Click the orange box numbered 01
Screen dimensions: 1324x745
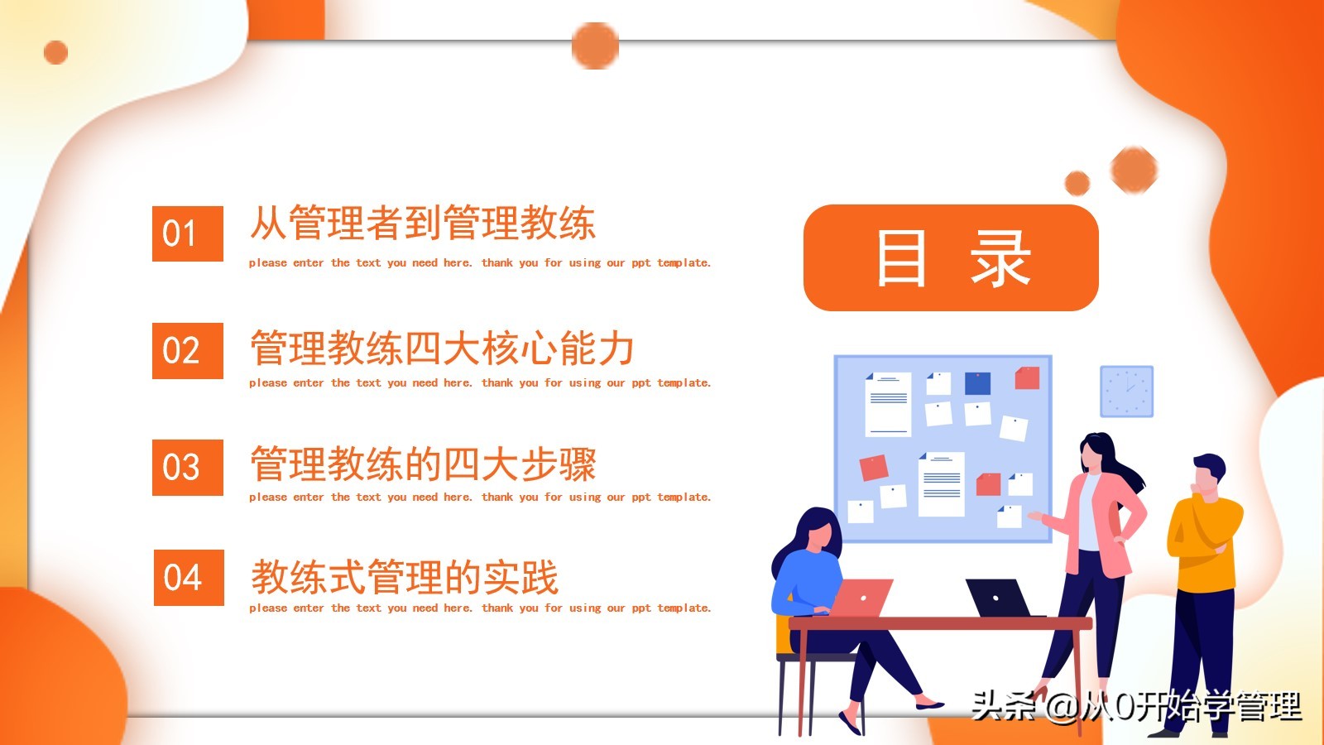click(x=187, y=233)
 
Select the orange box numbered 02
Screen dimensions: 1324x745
click(x=187, y=351)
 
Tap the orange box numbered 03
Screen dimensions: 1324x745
click(x=187, y=467)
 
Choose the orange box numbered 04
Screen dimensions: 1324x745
click(x=189, y=578)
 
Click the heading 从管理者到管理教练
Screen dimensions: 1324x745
click(x=422, y=223)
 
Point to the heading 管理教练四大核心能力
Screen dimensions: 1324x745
click(x=442, y=348)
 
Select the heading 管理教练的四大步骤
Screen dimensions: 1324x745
click(x=423, y=464)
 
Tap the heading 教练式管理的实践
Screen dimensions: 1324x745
click(x=405, y=577)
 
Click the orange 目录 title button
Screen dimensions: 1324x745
click(x=951, y=257)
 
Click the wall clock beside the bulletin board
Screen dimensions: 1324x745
click(x=1126, y=392)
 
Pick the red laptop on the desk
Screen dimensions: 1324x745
click(x=861, y=597)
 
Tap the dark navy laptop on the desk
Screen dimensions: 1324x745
click(x=1000, y=598)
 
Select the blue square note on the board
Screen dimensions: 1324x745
click(x=977, y=383)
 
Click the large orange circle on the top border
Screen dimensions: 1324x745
click(x=595, y=46)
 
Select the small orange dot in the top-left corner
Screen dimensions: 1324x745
click(x=55, y=53)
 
